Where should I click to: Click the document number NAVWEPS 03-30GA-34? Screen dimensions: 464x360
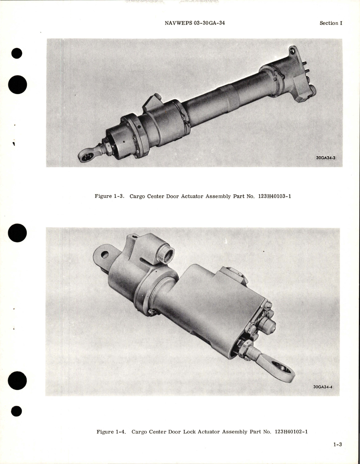tap(194, 23)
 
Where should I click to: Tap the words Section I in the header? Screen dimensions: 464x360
tap(331, 23)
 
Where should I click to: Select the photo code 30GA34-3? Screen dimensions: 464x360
tap(326, 158)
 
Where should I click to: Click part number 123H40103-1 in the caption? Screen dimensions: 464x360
tap(274, 196)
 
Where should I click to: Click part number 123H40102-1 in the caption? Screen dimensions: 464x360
tap(291, 432)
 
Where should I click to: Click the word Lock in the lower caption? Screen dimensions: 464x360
tap(190, 432)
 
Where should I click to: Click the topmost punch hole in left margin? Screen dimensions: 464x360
tap(17, 53)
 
